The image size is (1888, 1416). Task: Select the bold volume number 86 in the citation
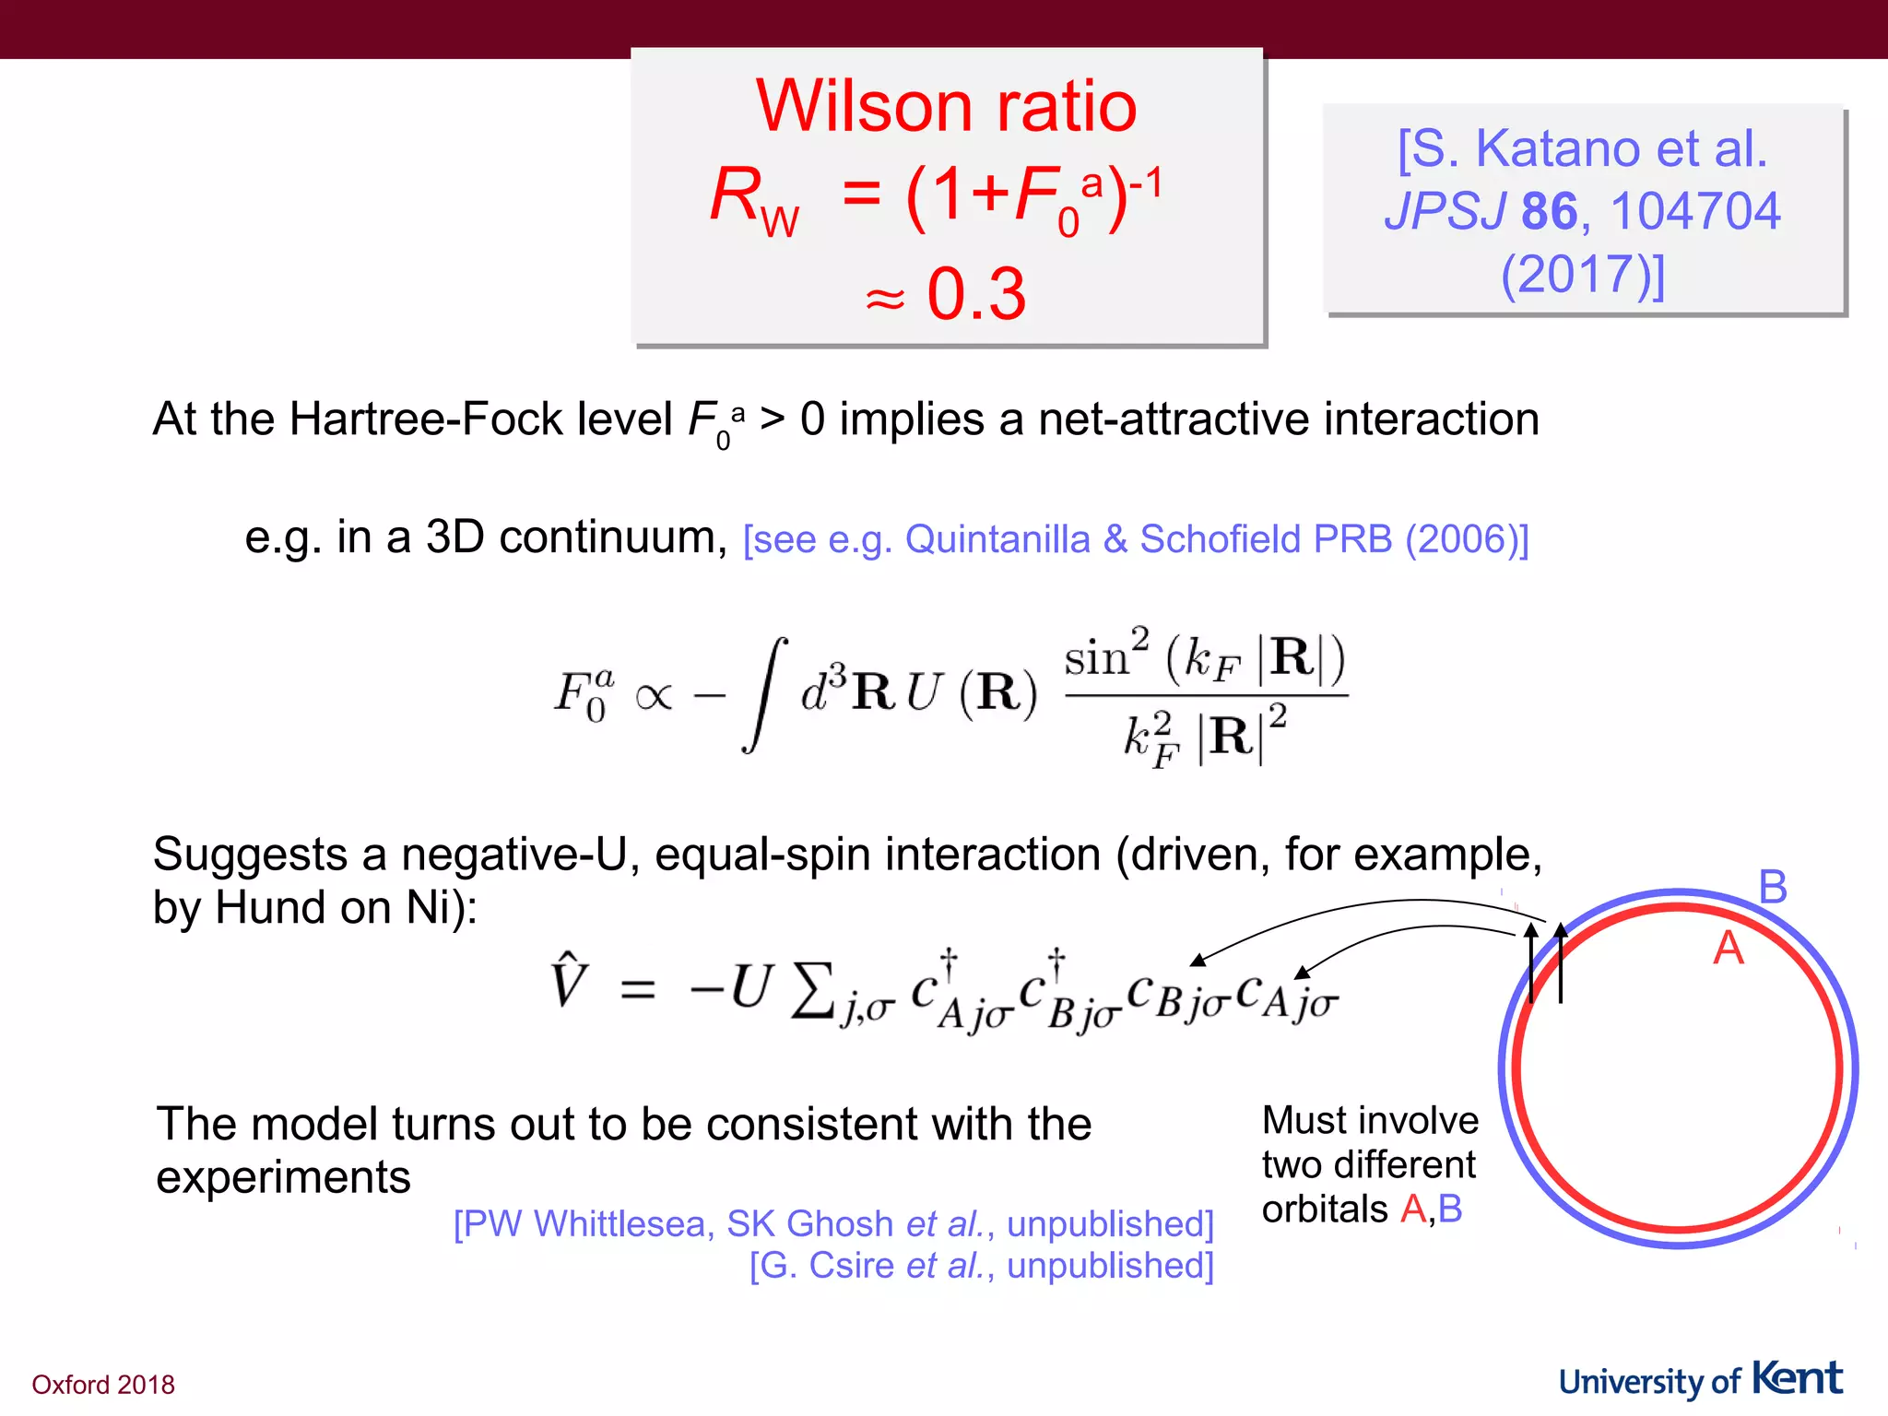(x=1549, y=211)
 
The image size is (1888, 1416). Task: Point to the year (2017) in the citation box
(x=1582, y=274)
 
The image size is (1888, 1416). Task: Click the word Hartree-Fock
(x=480, y=419)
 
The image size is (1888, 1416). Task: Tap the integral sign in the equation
(x=765, y=693)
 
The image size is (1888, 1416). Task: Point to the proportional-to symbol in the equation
(x=653, y=696)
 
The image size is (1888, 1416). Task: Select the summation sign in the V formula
(x=812, y=990)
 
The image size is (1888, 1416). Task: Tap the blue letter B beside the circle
(x=1772, y=887)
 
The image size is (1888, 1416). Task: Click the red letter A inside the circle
(x=1728, y=948)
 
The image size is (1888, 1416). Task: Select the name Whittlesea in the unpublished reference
(x=621, y=1224)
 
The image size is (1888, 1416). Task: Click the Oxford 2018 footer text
(x=103, y=1385)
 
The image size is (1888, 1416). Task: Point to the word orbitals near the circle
(x=1325, y=1209)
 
